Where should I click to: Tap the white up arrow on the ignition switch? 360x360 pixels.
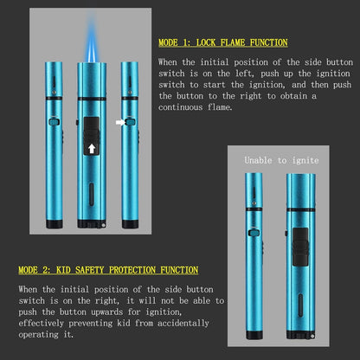(92, 149)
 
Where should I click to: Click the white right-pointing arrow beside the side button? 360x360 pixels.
(120, 123)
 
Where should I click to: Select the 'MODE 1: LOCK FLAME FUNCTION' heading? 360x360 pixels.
(223, 42)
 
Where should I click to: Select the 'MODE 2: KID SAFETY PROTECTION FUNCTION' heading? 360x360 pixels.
(108, 270)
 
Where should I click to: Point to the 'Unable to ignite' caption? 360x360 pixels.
(281, 160)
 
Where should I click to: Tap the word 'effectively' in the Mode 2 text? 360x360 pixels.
(41, 323)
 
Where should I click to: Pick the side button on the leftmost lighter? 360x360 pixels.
(55, 121)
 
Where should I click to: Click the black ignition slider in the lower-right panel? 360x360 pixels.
(300, 247)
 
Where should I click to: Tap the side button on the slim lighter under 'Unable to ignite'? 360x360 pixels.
(254, 233)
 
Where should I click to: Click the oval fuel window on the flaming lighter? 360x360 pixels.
(92, 194)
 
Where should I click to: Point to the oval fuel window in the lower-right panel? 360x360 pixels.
(300, 305)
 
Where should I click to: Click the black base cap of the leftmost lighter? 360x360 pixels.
(55, 224)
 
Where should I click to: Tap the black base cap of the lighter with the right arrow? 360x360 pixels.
(130, 224)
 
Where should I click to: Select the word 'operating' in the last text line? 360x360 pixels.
(38, 335)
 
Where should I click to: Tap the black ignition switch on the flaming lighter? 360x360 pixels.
(92, 136)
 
